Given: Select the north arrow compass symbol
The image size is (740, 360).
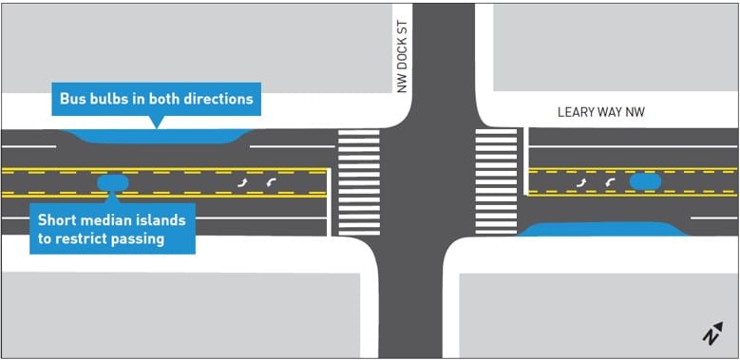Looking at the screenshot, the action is pyautogui.click(x=712, y=333).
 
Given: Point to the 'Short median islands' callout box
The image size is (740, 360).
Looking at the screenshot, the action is pyautogui.click(x=112, y=229).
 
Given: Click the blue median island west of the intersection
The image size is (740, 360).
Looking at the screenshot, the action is pyautogui.click(x=112, y=181).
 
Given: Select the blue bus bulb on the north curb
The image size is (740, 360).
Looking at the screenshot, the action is pyautogui.click(x=157, y=136).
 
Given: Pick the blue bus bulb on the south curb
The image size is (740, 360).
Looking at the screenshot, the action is pyautogui.click(x=602, y=229).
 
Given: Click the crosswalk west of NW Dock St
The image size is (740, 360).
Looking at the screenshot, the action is pyautogui.click(x=359, y=184).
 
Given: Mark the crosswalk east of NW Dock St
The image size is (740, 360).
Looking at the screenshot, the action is pyautogui.click(x=495, y=183).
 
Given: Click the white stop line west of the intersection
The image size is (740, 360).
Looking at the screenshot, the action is pyautogui.click(x=330, y=201).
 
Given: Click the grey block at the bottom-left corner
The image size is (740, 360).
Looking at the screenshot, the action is pyautogui.click(x=180, y=313).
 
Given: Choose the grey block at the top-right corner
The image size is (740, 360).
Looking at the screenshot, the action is pyautogui.click(x=613, y=47).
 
